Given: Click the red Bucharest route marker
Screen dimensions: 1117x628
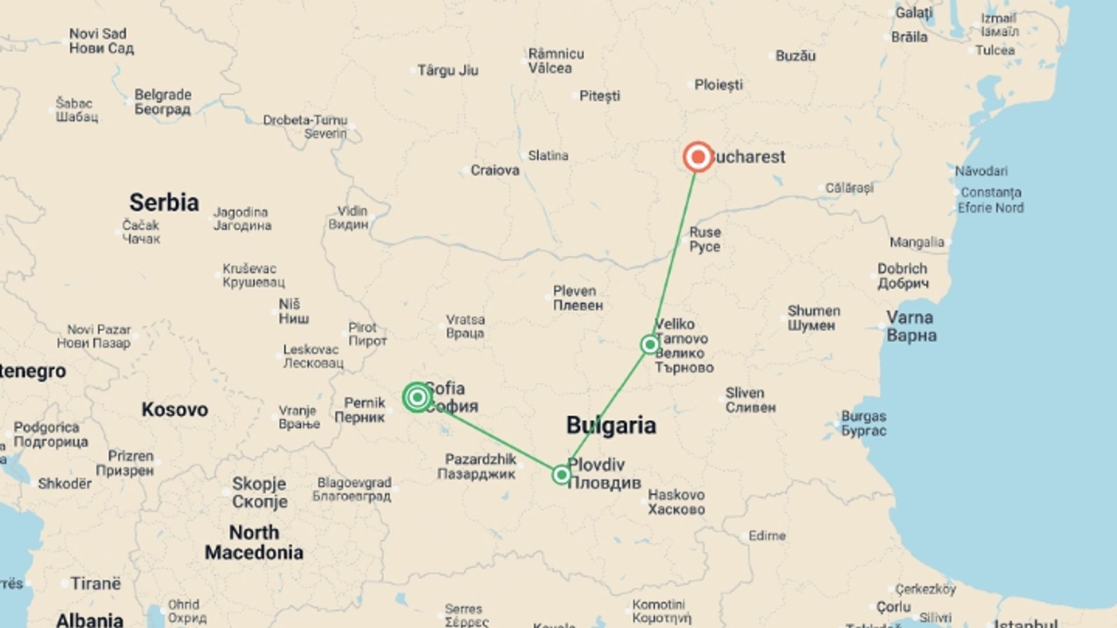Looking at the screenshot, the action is coord(698,157).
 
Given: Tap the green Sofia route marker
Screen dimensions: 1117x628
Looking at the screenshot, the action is coord(417,397).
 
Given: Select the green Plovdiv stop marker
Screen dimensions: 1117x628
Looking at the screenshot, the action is coord(561,475).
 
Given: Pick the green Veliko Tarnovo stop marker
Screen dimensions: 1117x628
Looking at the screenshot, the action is coord(650,345).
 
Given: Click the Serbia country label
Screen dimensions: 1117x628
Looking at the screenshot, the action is coord(164,203).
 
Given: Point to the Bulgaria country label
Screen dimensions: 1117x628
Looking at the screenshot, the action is coord(611,426).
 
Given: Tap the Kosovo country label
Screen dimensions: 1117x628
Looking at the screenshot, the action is coord(175,410).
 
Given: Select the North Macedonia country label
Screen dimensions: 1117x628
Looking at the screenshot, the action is coord(254,542).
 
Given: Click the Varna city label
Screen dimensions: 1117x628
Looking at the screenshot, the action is coord(911,326).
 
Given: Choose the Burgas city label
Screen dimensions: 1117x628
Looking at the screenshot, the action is coord(864,423).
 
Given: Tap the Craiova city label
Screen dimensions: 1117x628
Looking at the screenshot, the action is coord(495,170).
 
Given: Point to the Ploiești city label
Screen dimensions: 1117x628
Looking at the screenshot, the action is coord(718,85).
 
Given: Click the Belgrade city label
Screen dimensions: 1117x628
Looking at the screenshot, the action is coord(162,102).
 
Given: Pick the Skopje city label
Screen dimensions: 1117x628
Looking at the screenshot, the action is coord(259,492).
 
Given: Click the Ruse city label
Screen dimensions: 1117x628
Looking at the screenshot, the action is coord(705,239).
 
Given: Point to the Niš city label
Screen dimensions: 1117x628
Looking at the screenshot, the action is coord(293,311).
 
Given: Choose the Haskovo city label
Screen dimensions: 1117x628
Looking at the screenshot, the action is coord(676,502).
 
